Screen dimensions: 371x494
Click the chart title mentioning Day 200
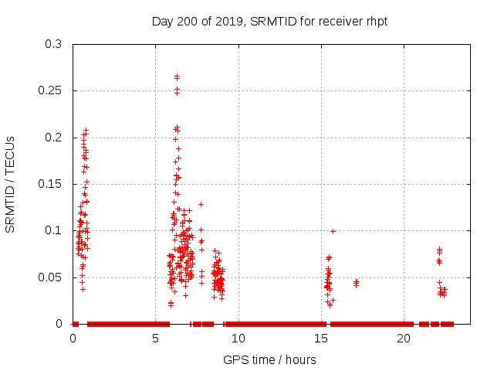point(269,21)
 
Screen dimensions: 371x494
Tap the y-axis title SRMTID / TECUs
point(11,184)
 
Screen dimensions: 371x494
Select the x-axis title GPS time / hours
point(269,359)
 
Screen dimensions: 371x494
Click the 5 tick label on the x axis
point(156,339)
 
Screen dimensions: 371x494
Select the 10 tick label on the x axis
point(239,339)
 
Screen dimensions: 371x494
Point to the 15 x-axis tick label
point(321,339)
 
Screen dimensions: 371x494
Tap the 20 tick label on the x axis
point(404,339)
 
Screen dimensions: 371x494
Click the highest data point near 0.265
point(177,77)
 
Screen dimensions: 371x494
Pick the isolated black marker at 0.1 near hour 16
point(333,230)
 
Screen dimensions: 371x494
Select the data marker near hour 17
point(356,282)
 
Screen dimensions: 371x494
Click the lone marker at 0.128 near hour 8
point(201,204)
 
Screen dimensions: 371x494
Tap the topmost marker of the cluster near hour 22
point(439,250)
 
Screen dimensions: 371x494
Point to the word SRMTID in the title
point(273,21)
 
